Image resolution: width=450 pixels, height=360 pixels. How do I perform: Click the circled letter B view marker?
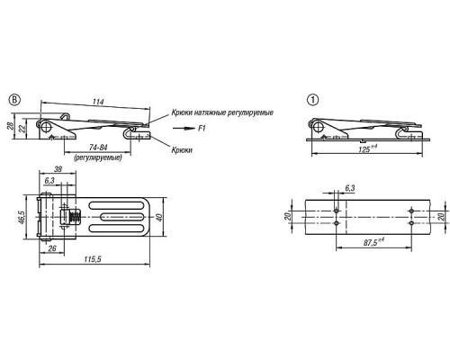(14, 100)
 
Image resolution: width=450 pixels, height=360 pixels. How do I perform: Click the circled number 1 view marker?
(313, 100)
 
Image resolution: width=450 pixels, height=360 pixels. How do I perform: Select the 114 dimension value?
(98, 102)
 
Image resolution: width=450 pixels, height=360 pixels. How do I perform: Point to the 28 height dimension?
(10, 125)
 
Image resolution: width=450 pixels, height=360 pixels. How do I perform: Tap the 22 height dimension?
(22, 129)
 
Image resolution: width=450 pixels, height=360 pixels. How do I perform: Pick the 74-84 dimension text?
(98, 148)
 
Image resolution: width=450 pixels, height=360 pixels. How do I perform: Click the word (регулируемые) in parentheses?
(98, 157)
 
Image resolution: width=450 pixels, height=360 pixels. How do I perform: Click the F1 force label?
(202, 129)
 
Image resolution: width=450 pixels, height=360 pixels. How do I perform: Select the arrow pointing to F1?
(184, 129)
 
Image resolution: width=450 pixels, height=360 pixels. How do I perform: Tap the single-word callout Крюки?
(182, 149)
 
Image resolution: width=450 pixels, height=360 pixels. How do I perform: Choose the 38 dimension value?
(58, 169)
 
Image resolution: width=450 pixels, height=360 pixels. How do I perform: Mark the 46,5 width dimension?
(21, 217)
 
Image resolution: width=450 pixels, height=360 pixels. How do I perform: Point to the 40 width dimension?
(159, 217)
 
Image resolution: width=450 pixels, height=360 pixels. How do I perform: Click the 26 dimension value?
(52, 248)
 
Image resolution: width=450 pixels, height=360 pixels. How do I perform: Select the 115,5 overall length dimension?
(93, 259)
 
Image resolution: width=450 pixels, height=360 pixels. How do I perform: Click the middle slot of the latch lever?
(116, 217)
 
